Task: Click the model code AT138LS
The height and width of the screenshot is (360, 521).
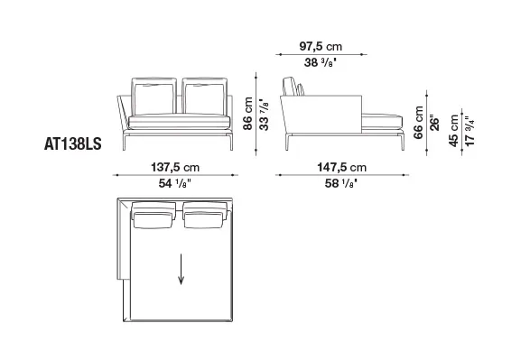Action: pyautogui.click(x=73, y=144)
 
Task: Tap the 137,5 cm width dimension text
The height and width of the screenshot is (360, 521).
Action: pyautogui.click(x=175, y=167)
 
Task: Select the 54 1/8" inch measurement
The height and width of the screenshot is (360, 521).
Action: pyautogui.click(x=175, y=183)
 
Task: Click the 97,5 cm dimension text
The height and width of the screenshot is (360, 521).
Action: pyautogui.click(x=321, y=47)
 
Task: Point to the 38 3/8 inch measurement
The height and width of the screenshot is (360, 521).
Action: pyautogui.click(x=321, y=62)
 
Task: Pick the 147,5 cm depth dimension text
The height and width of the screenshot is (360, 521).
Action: pyautogui.click(x=342, y=167)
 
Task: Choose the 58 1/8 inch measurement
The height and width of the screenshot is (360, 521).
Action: pyautogui.click(x=341, y=183)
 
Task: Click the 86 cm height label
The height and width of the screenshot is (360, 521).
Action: pyautogui.click(x=248, y=114)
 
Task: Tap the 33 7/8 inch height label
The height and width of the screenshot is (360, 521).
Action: pyautogui.click(x=264, y=115)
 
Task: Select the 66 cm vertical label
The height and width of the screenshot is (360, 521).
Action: pyautogui.click(x=418, y=122)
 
